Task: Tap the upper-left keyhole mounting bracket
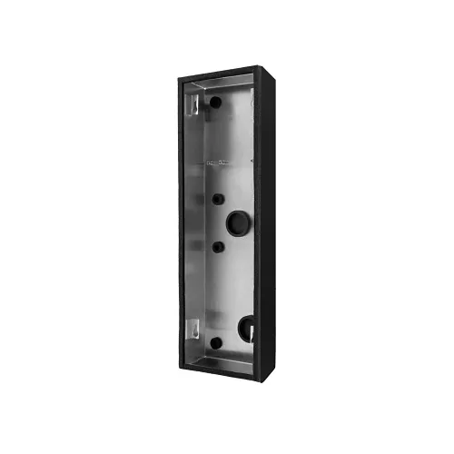pyautogui.click(x=192, y=104)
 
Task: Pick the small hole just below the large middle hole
pyautogui.click(x=218, y=246)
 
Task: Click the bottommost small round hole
pyautogui.click(x=216, y=343)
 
